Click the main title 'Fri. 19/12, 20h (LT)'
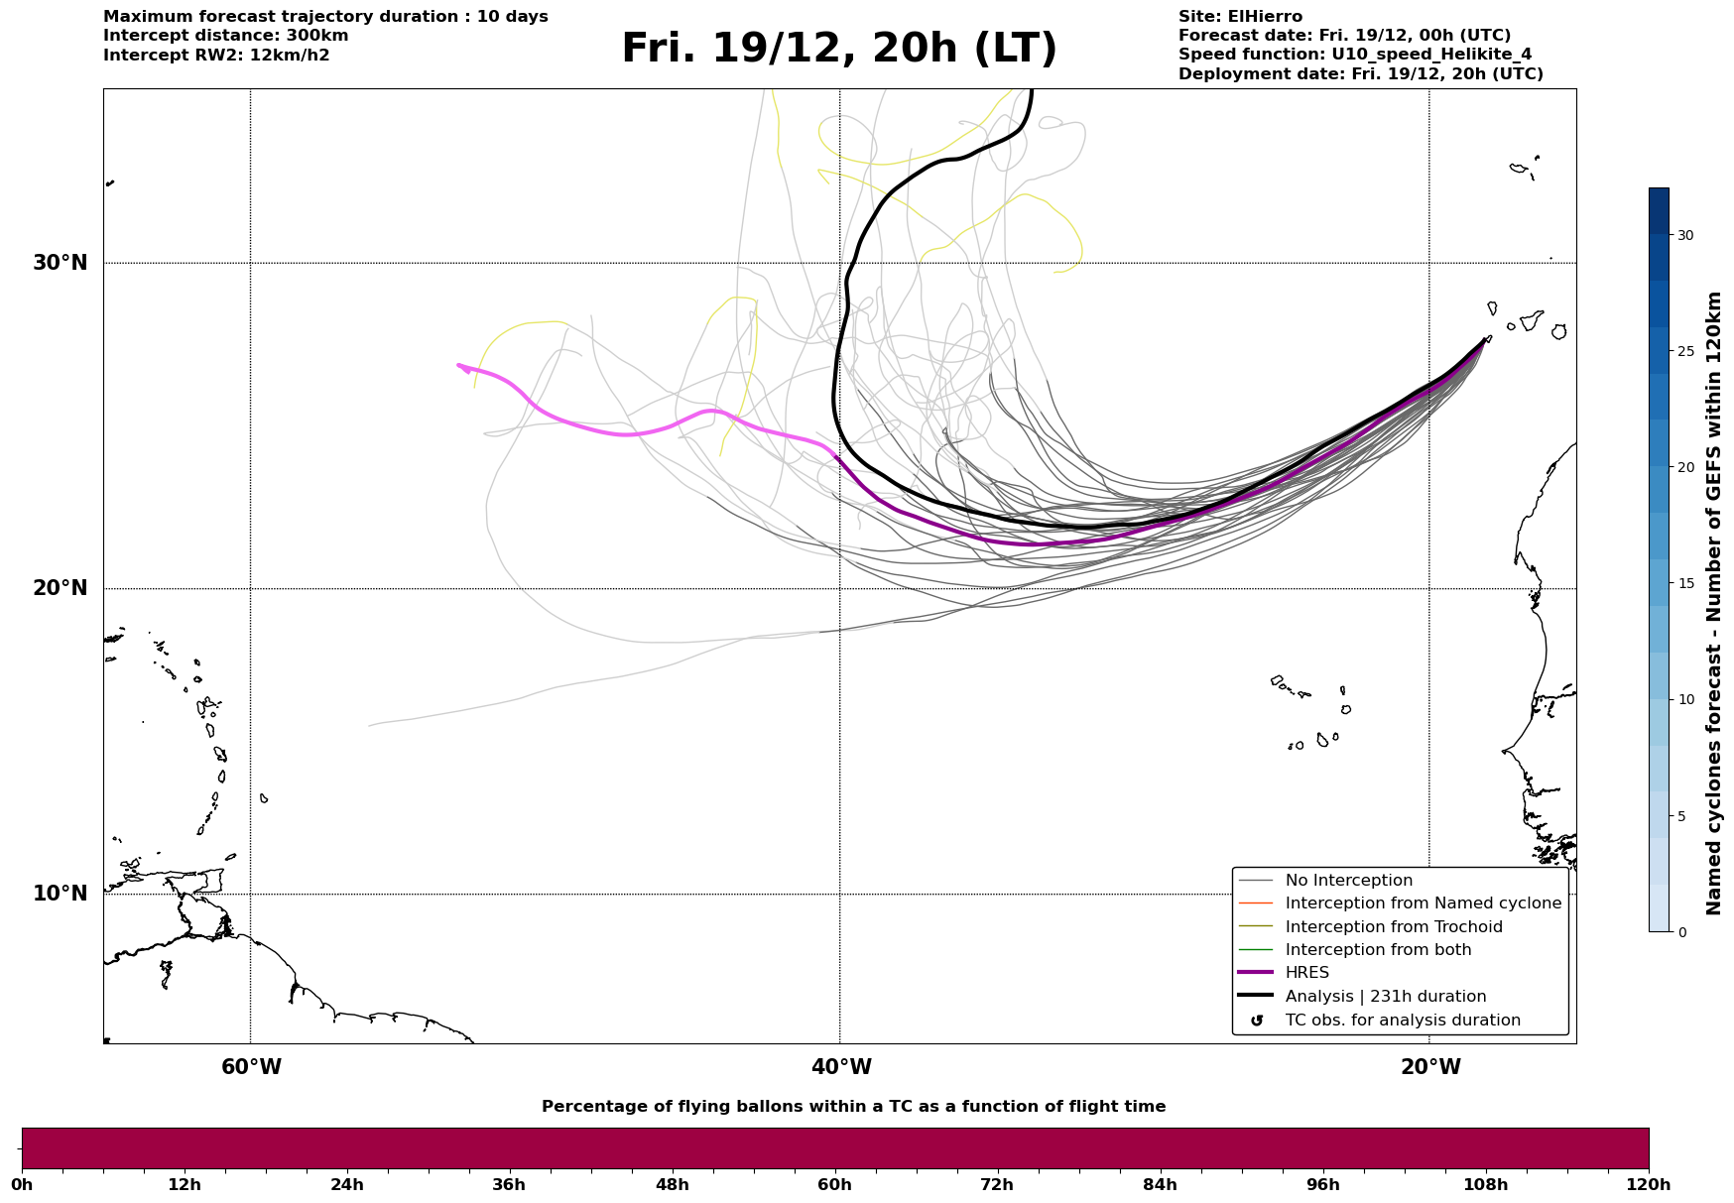(839, 49)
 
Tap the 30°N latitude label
(60, 263)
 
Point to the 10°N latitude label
(60, 894)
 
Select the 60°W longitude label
(251, 1067)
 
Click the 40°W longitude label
(841, 1067)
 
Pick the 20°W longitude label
(1430, 1067)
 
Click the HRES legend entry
(1306, 973)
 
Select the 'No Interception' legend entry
(1348, 881)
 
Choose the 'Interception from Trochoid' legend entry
(1393, 927)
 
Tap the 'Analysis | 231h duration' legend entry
(1385, 997)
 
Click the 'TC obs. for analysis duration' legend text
(1402, 1021)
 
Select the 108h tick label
(1485, 1184)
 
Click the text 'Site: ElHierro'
(1240, 17)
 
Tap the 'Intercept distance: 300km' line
(225, 36)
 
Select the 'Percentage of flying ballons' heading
(853, 1107)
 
